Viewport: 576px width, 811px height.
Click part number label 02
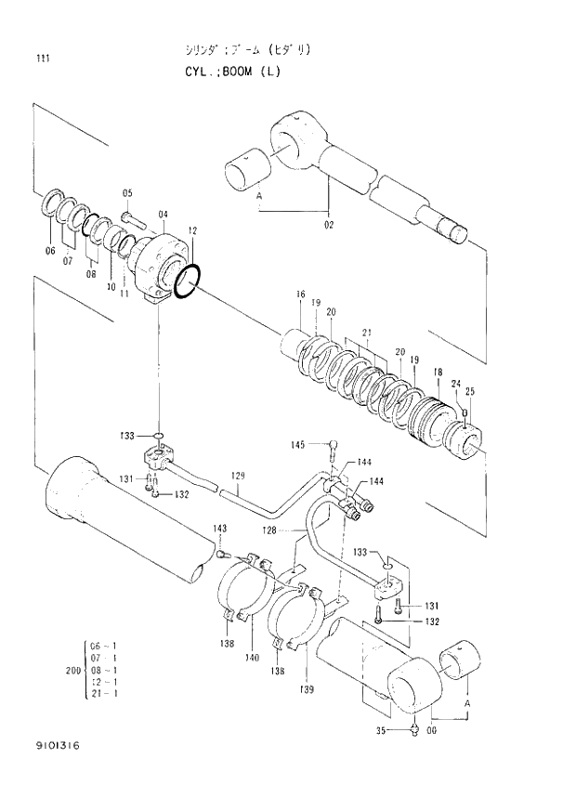click(x=329, y=224)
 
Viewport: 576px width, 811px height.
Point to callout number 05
click(x=127, y=193)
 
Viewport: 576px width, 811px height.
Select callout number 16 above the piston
click(x=300, y=295)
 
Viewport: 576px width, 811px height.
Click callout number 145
click(x=297, y=445)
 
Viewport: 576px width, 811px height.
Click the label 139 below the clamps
click(x=307, y=688)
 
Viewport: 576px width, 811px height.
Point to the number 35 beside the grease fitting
click(x=380, y=730)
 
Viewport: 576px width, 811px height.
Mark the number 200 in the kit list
click(x=72, y=670)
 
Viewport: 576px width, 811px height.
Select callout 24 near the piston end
click(x=456, y=383)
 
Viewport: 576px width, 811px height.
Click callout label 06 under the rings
click(x=51, y=251)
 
